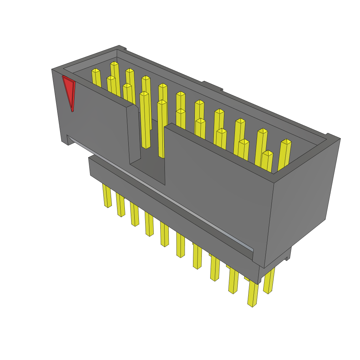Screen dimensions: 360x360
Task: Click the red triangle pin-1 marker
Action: click(69, 91)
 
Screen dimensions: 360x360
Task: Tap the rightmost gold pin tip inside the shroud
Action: click(286, 142)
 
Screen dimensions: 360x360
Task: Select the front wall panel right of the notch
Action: click(218, 190)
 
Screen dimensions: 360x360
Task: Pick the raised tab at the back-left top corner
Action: click(122, 48)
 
